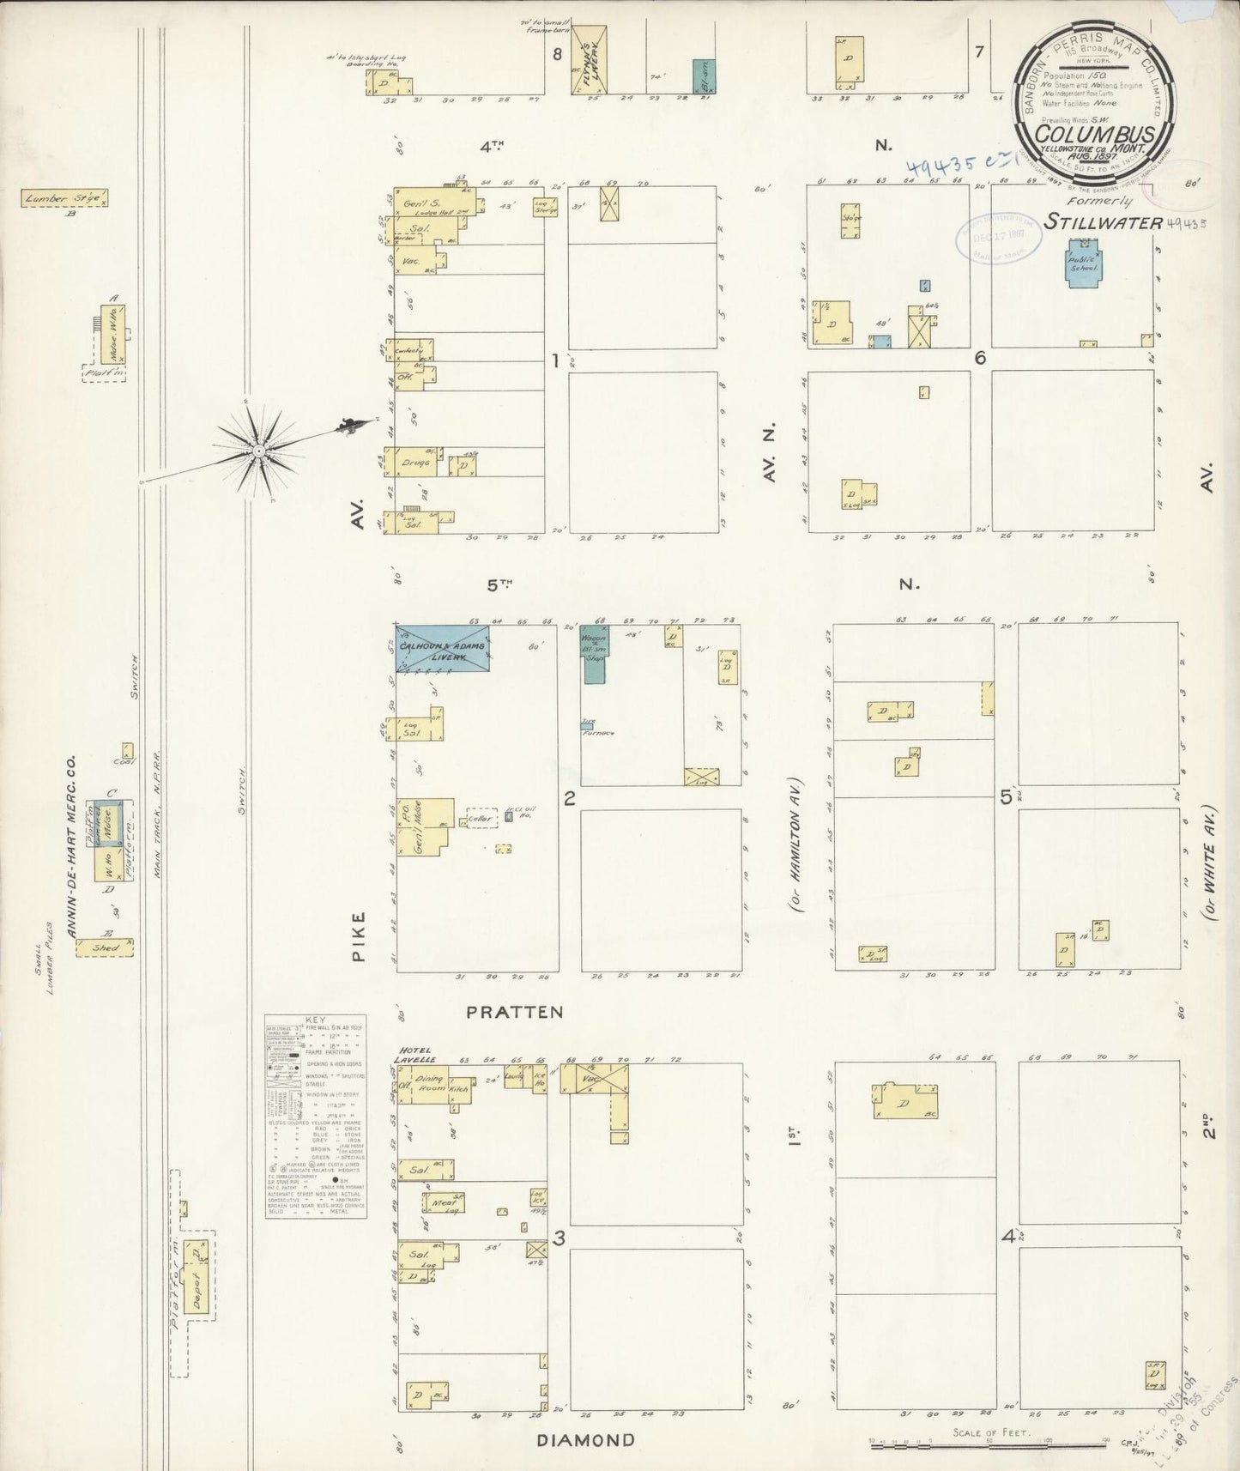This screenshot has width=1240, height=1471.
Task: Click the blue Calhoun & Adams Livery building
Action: pos(442,647)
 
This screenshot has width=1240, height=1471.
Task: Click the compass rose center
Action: pos(257,451)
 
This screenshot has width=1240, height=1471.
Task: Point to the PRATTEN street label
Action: pos(515,1013)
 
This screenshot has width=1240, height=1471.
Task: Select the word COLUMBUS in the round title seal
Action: pos(1087,135)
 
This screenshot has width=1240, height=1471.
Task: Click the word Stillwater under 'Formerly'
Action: pos(1103,222)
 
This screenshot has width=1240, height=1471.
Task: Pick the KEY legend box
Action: pos(315,1117)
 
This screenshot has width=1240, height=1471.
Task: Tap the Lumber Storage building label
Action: pos(64,198)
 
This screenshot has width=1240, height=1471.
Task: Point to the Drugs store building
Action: pos(416,463)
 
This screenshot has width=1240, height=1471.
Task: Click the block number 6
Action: pos(980,359)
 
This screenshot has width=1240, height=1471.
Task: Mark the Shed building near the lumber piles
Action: pos(105,947)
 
